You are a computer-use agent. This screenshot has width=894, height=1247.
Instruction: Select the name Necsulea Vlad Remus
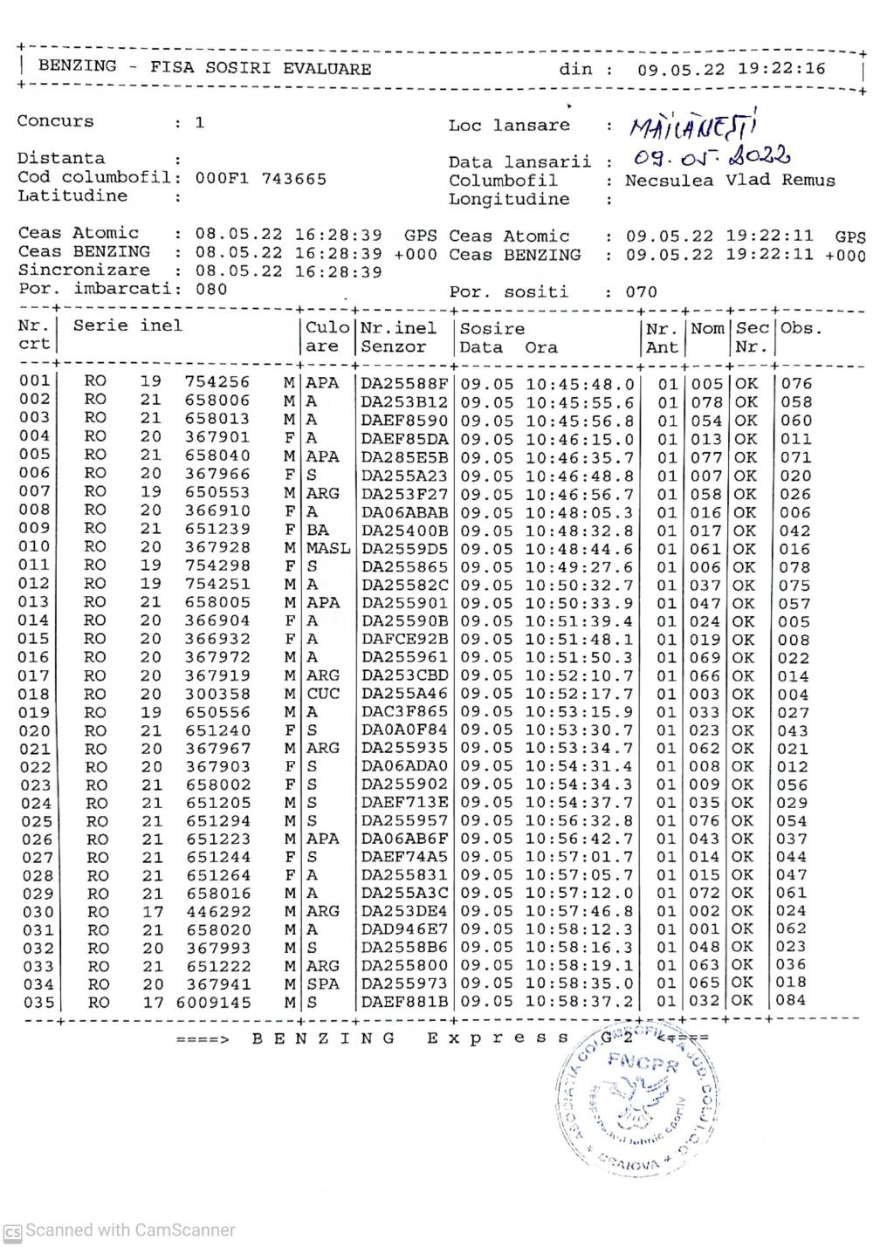[x=730, y=181]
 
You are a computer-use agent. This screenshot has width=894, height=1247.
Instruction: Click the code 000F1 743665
[x=260, y=179]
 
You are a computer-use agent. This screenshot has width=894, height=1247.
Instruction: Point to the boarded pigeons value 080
[x=211, y=289]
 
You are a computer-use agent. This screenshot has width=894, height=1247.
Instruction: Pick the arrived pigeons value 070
[x=641, y=292]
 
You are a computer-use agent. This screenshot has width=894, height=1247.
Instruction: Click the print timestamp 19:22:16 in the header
[x=782, y=69]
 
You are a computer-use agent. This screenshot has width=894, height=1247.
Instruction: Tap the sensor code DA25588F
[x=404, y=384]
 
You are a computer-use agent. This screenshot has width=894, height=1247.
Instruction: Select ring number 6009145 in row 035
[x=213, y=1003]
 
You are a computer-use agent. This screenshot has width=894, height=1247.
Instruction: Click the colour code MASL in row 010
[x=328, y=548]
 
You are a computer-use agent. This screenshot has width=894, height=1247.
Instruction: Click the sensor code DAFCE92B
[x=404, y=640]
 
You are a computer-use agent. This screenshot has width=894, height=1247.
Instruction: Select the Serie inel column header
[x=127, y=326]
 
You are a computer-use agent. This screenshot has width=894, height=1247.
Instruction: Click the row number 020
[x=35, y=731]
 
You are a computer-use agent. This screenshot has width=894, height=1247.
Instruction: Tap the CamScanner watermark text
[x=130, y=1230]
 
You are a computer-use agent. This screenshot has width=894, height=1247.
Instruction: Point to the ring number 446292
[x=218, y=912]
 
